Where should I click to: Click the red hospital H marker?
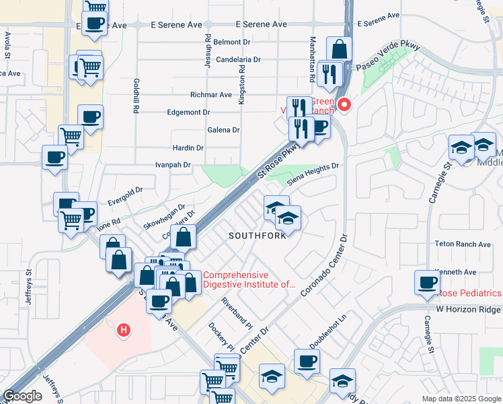(124, 330)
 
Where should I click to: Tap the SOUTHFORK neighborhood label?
(254, 236)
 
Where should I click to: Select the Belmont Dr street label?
(232, 42)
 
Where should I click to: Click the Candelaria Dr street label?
(238, 59)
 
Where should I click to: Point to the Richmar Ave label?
(211, 95)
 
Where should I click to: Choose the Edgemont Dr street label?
(188, 112)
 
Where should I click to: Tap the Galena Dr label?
(224, 130)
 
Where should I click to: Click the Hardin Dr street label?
(188, 147)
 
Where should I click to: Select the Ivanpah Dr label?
(173, 164)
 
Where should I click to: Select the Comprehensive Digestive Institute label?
(249, 279)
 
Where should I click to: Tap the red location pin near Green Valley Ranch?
(344, 105)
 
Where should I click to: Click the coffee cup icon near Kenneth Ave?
(428, 283)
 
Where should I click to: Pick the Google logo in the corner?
(22, 396)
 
